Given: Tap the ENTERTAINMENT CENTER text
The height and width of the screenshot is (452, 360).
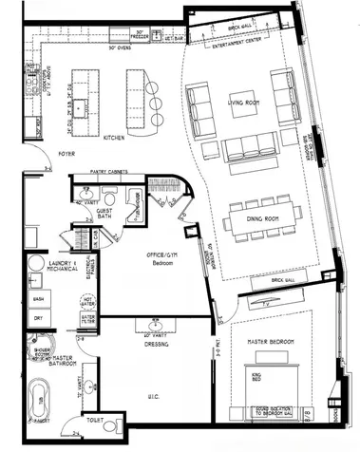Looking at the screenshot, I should pyautogui.click(x=236, y=45).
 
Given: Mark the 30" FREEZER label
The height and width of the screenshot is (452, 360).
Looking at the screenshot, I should pyautogui.click(x=143, y=34).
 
